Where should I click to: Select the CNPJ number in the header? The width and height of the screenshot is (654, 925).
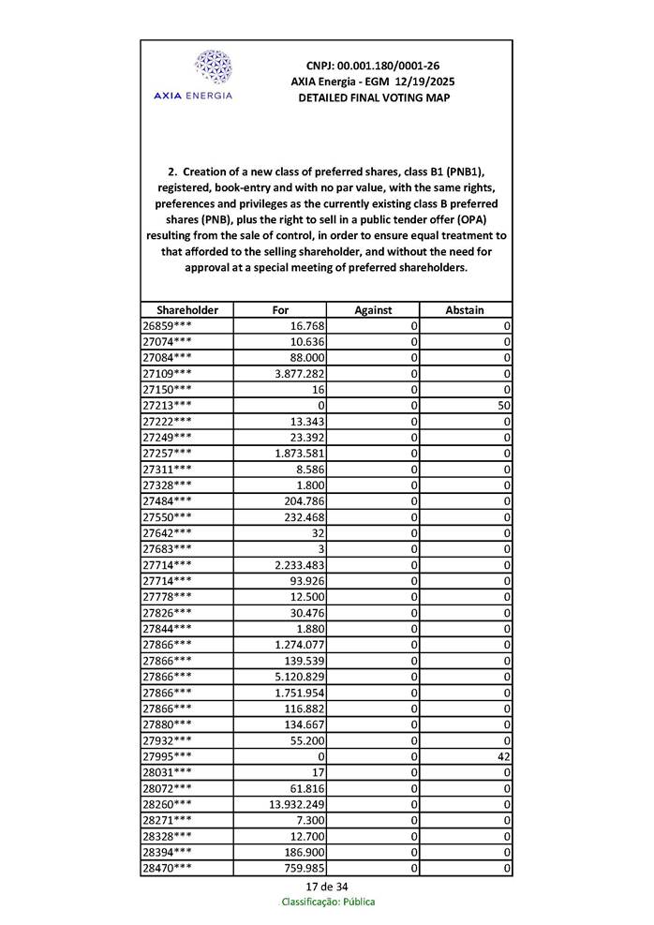tap(373, 66)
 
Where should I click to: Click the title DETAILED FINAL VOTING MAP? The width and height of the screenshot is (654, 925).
tap(373, 97)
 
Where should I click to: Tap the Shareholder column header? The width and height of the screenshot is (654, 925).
tap(187, 309)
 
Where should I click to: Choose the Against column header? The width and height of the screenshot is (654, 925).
tap(373, 309)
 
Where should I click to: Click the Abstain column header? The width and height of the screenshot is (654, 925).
tap(465, 309)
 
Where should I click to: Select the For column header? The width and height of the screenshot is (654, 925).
tap(280, 309)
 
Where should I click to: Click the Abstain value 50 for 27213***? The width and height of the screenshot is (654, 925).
tap(504, 405)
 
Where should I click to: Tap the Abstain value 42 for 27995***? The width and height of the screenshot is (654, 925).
tap(504, 756)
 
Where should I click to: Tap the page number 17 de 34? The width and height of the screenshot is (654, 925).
tap(327, 887)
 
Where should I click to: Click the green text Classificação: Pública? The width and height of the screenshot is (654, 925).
tap(328, 902)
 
